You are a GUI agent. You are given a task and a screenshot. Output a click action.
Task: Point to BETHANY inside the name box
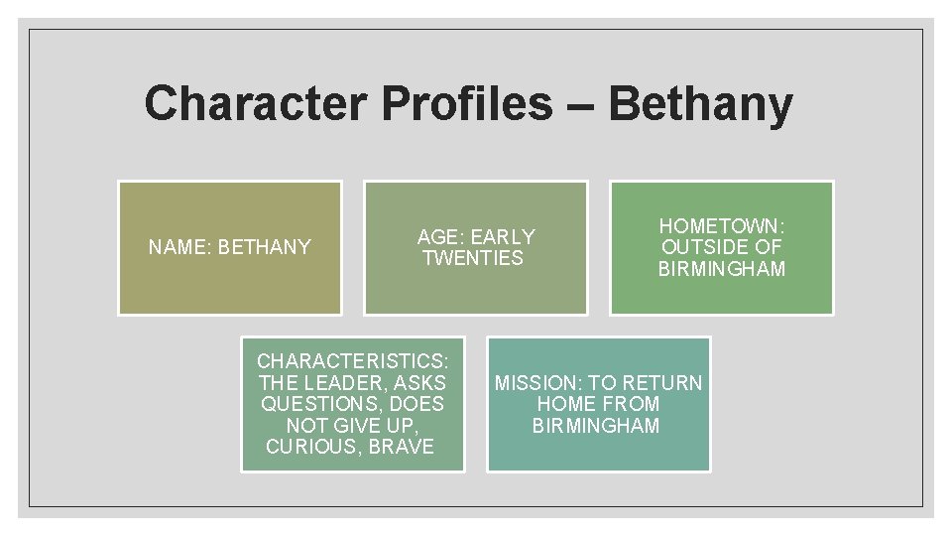pos(264,247)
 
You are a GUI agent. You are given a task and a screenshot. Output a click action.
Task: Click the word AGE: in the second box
pos(440,237)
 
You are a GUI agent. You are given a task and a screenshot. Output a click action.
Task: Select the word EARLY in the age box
pos(503,237)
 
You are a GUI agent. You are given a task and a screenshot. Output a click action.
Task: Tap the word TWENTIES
pos(473,258)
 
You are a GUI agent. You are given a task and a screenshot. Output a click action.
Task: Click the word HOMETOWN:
pos(721,226)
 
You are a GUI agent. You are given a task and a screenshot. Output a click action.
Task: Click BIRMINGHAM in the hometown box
pos(721,269)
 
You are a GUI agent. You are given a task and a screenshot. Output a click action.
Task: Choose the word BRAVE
pos(401,447)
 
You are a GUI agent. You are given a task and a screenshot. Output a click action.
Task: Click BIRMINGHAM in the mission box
pos(596,426)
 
